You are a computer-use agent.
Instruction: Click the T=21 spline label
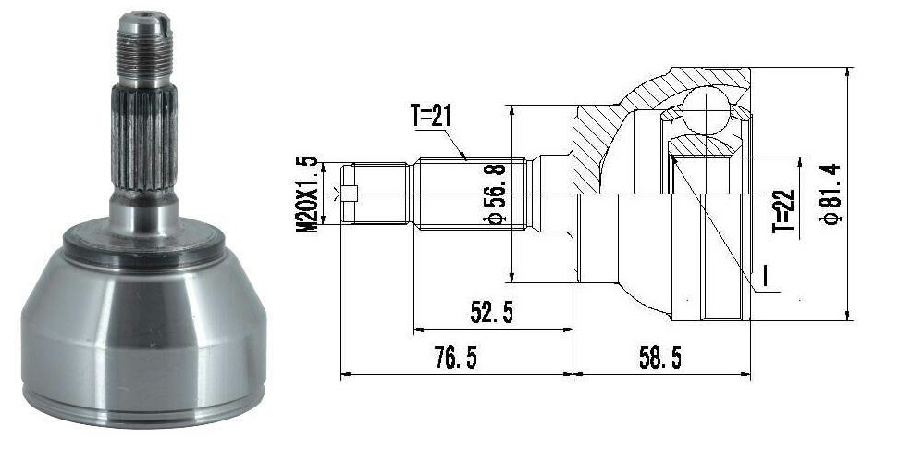coord(431,117)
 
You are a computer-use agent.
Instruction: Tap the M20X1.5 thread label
coord(308,194)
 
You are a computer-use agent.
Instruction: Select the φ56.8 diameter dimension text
coord(497,194)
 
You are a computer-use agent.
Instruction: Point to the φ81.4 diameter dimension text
coord(831,194)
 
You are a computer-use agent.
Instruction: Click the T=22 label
coord(783,210)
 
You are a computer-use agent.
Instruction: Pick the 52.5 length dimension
coord(491,312)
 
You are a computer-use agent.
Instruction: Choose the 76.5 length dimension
coord(455,358)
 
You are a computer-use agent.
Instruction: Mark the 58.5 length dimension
coord(660,358)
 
